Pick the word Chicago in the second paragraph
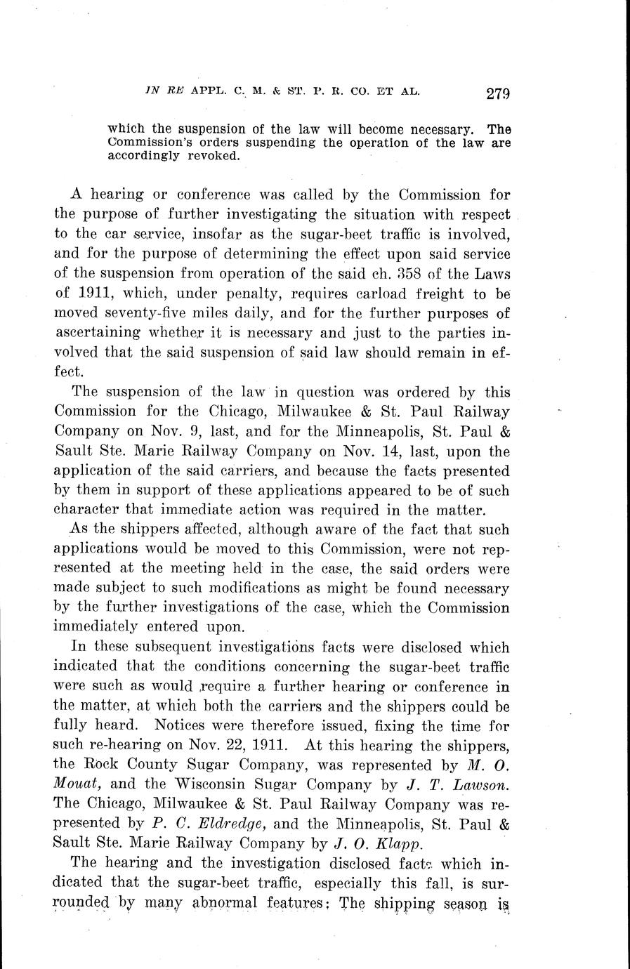[232, 412]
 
